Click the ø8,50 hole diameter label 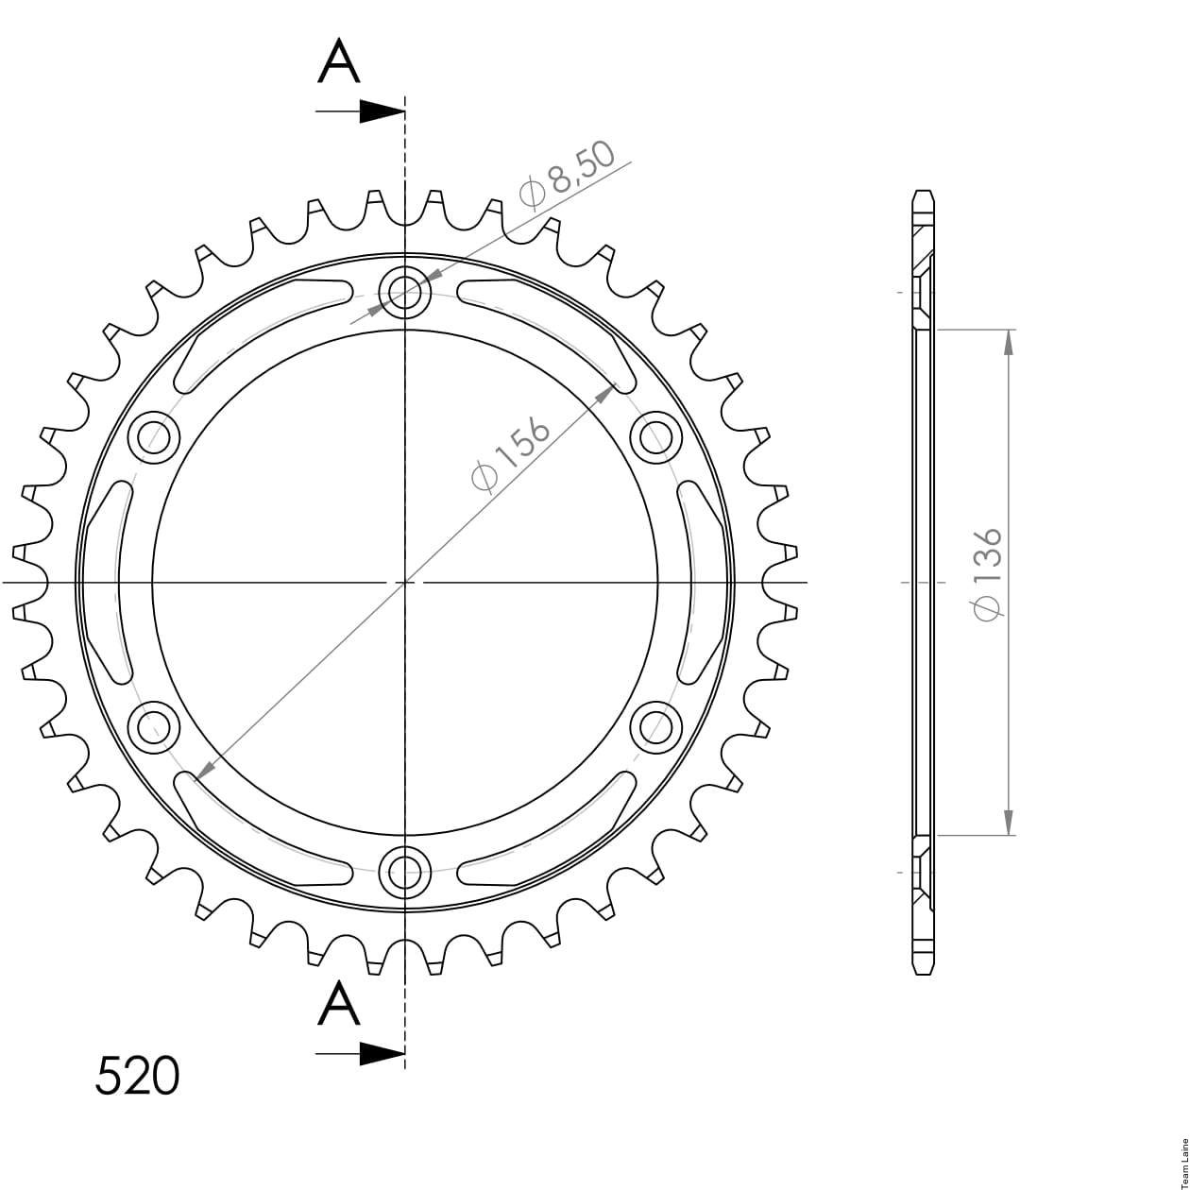pyautogui.click(x=568, y=176)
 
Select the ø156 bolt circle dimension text pyautogui.click(x=509, y=457)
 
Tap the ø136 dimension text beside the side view pyautogui.click(x=988, y=574)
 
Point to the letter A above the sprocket pyautogui.click(x=338, y=61)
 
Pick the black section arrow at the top pyautogui.click(x=360, y=111)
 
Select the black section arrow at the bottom pyautogui.click(x=360, y=1054)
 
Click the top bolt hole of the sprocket pyautogui.click(x=404, y=292)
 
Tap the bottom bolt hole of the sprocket pyautogui.click(x=404, y=874)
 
